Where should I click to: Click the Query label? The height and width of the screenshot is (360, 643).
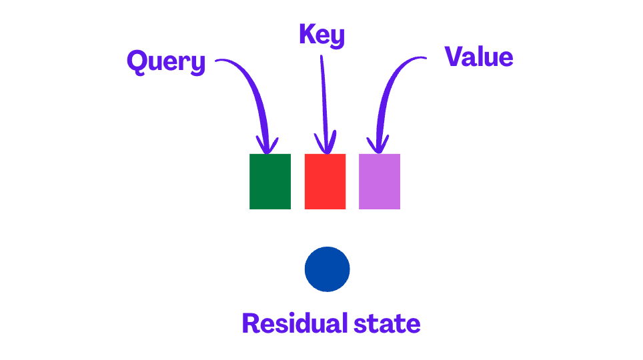[166, 63]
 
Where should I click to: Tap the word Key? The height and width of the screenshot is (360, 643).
[321, 35]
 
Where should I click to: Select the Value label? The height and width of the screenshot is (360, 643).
[479, 57]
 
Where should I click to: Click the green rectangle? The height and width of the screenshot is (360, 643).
[270, 181]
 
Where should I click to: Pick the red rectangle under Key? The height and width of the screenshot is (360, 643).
[325, 181]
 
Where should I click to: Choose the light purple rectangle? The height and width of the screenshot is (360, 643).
[380, 181]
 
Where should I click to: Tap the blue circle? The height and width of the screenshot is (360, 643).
[327, 269]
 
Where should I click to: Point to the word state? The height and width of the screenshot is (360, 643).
[388, 324]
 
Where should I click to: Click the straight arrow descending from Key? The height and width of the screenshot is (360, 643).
[324, 100]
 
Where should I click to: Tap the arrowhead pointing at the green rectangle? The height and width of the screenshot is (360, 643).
[268, 145]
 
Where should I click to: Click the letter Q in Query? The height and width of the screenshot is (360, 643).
[137, 61]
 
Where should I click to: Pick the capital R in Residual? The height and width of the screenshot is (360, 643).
[251, 323]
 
